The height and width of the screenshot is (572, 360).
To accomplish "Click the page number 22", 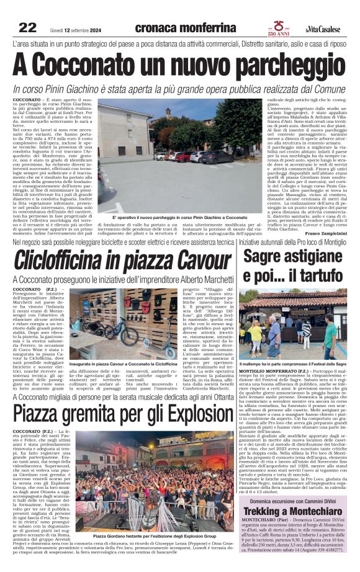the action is (x=27, y=27).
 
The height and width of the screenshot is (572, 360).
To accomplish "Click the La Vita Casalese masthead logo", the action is (x=323, y=29).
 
